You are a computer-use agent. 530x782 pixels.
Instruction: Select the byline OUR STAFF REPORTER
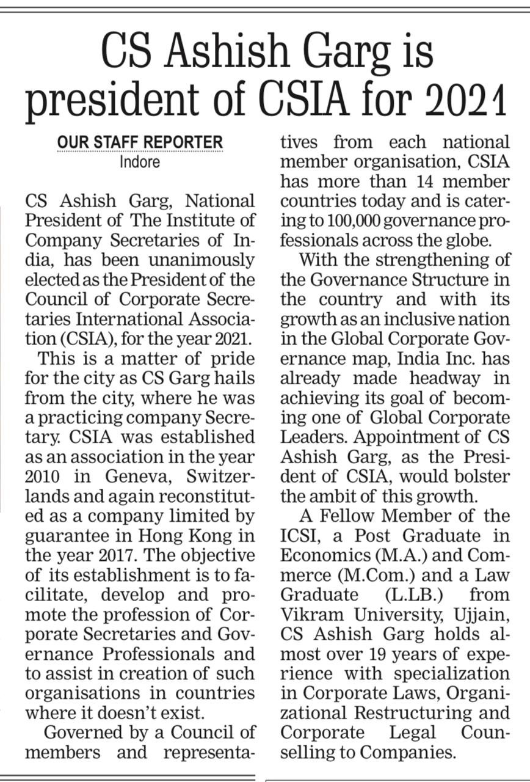pyautogui.click(x=140, y=143)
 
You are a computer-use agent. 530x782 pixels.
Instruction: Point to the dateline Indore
pyautogui.click(x=140, y=163)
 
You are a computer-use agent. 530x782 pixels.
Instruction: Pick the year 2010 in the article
pyautogui.click(x=46, y=477)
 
